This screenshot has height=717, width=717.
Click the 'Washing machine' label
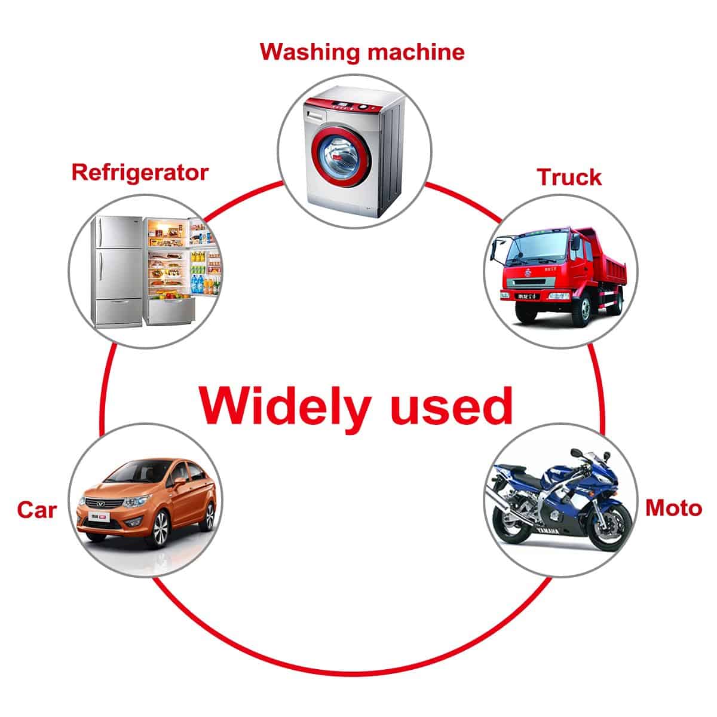pyautogui.click(x=362, y=52)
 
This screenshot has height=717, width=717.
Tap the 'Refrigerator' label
pyautogui.click(x=140, y=172)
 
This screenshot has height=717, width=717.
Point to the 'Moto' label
pyautogui.click(x=673, y=508)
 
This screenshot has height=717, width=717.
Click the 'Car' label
pyautogui.click(x=36, y=510)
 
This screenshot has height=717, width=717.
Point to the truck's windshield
pyautogui.click(x=527, y=249)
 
